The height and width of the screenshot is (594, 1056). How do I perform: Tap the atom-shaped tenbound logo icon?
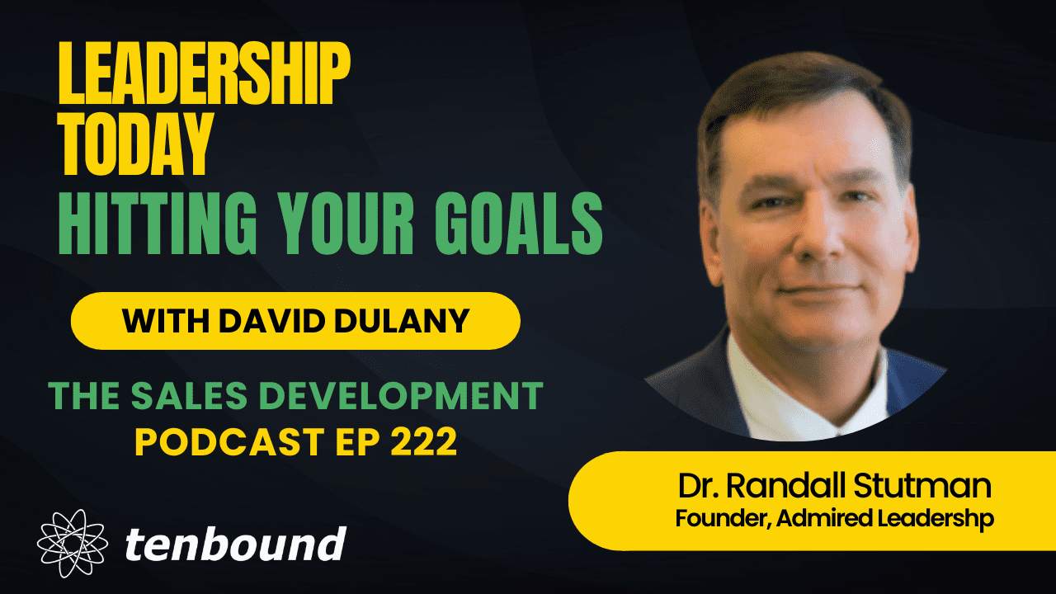[72, 544]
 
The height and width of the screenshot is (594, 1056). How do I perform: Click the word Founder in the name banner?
[714, 519]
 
